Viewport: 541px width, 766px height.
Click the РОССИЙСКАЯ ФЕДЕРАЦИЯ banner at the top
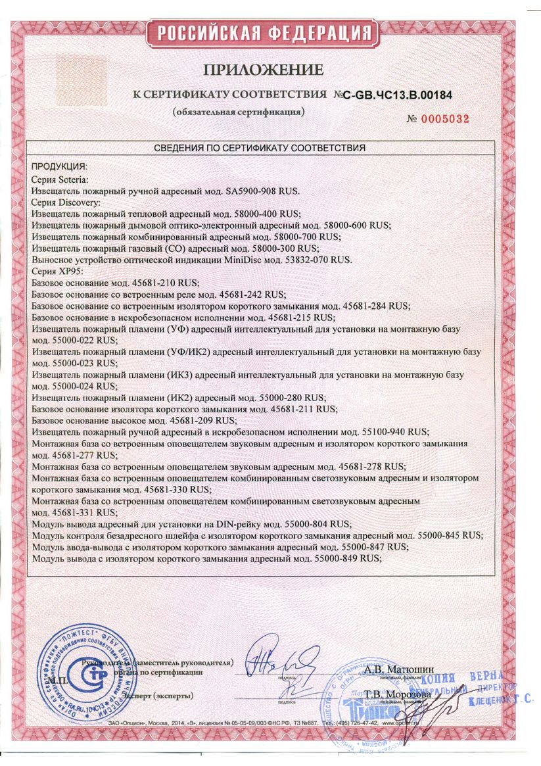pos(262,32)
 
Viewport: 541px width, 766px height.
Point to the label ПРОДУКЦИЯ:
pos(60,168)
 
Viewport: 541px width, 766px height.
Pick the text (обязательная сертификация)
pos(238,112)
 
